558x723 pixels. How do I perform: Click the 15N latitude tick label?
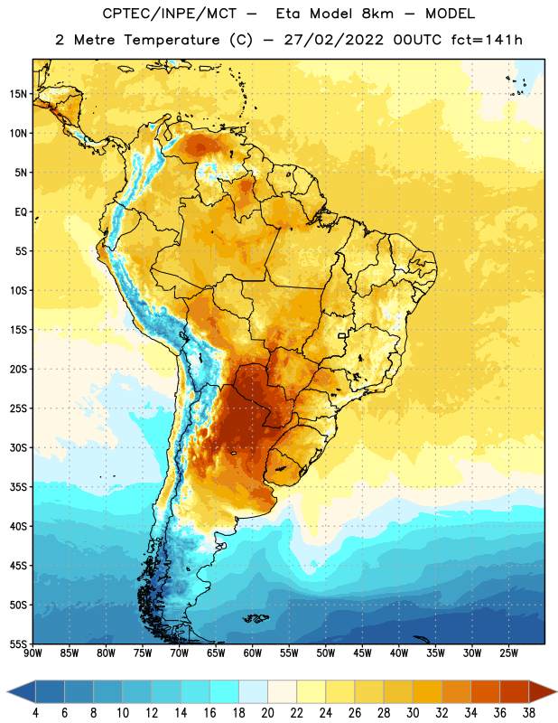point(18,94)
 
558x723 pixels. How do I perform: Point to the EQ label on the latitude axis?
point(21,212)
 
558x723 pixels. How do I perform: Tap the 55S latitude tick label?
point(18,643)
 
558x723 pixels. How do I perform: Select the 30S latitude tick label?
point(18,447)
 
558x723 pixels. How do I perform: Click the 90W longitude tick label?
point(33,653)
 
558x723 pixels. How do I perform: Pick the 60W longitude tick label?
point(253,653)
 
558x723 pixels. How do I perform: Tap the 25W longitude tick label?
point(508,653)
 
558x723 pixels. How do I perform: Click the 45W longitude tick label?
point(362,653)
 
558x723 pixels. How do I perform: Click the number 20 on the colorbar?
point(267,713)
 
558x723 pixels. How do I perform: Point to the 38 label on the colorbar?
point(529,713)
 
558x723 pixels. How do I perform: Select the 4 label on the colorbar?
point(35,713)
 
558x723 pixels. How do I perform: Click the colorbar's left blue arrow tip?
point(7,691)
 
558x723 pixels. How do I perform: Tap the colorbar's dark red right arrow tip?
point(556,691)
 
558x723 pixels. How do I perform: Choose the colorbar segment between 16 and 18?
point(224,691)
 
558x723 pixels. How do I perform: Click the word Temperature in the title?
point(172,40)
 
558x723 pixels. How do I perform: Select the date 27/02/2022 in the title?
point(333,40)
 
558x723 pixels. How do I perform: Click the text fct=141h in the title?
point(487,40)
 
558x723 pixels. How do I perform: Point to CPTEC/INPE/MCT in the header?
point(169,14)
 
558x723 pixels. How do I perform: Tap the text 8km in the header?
point(377,14)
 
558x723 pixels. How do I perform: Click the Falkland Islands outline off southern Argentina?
point(256,618)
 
